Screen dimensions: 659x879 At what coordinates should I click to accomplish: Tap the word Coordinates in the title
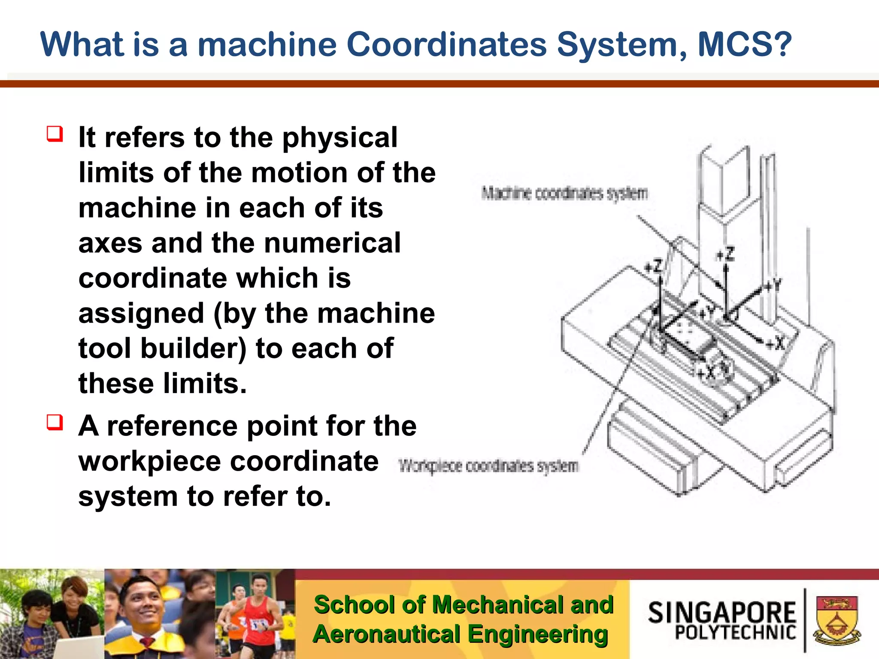(x=446, y=44)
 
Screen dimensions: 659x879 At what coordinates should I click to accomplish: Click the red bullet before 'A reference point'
(x=55, y=422)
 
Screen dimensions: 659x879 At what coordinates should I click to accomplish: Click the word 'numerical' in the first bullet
(x=332, y=243)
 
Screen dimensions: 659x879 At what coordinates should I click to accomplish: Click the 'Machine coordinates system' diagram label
(x=564, y=193)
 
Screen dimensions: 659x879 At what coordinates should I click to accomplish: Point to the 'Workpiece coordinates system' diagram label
(x=488, y=466)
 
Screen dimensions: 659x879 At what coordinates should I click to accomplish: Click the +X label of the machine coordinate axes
(x=775, y=343)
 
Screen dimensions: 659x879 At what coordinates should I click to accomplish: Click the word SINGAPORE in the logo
(x=722, y=612)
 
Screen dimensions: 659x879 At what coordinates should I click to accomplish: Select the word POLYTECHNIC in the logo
(x=735, y=633)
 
